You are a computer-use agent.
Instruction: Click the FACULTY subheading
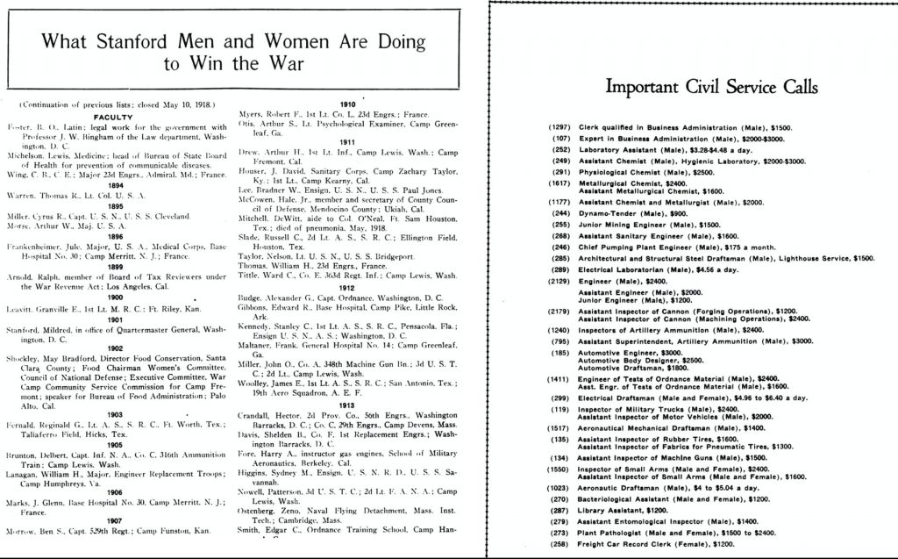(x=112, y=116)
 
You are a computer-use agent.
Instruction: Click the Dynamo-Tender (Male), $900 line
(x=645, y=213)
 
